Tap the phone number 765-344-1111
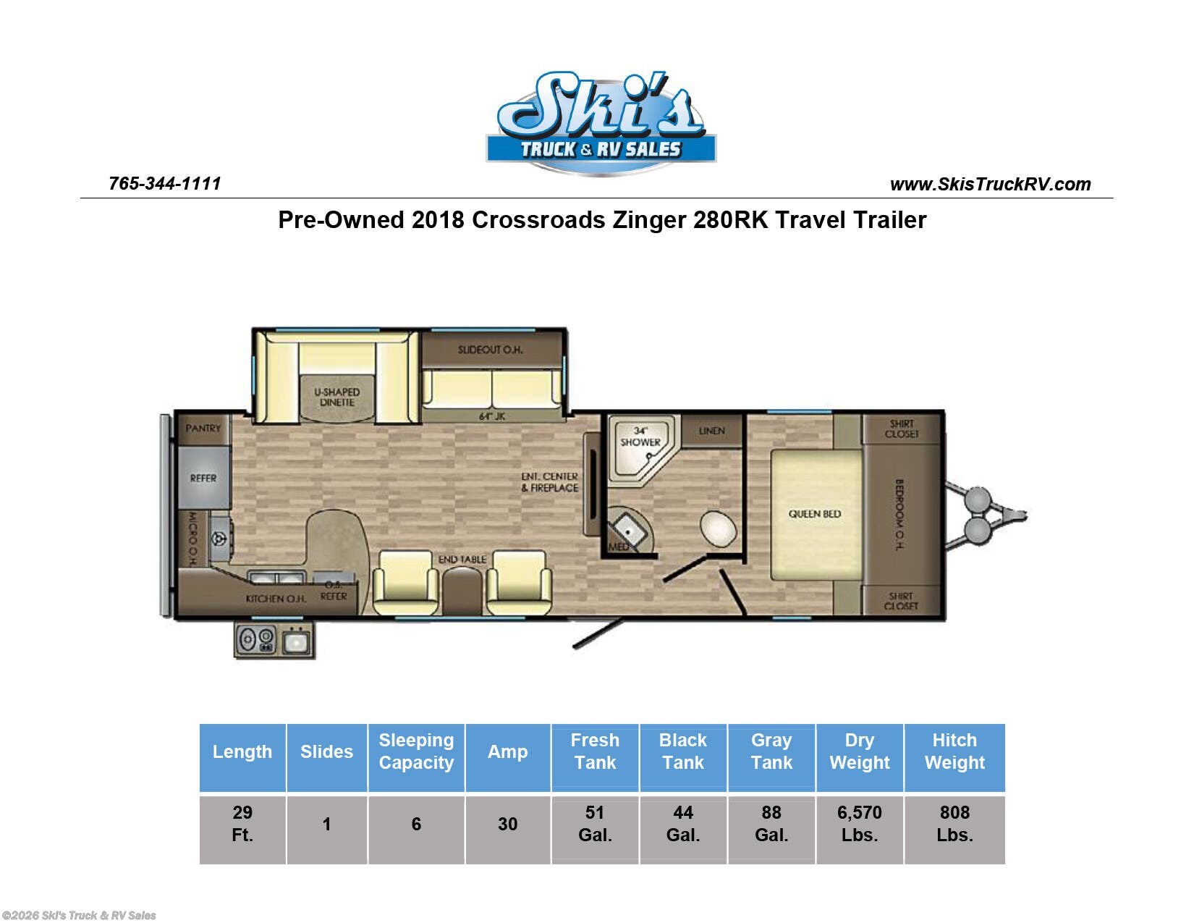pyautogui.click(x=165, y=184)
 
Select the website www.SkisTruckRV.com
pyautogui.click(x=990, y=184)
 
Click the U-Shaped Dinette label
pyautogui.click(x=336, y=397)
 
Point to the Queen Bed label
pyautogui.click(x=814, y=514)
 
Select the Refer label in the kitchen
pyautogui.click(x=203, y=479)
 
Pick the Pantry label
pyautogui.click(x=203, y=429)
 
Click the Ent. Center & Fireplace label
pyautogui.click(x=549, y=482)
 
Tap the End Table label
pyautogui.click(x=462, y=560)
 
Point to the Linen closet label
pyautogui.click(x=711, y=431)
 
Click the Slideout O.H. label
pyautogui.click(x=490, y=350)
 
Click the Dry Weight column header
pyautogui.click(x=860, y=751)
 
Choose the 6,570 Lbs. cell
pyautogui.click(x=860, y=824)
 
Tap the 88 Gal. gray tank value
pyautogui.click(x=771, y=824)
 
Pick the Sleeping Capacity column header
pyautogui.click(x=416, y=751)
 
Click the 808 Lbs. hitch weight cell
pyautogui.click(x=954, y=824)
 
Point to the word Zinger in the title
pyautogui.click(x=649, y=221)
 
